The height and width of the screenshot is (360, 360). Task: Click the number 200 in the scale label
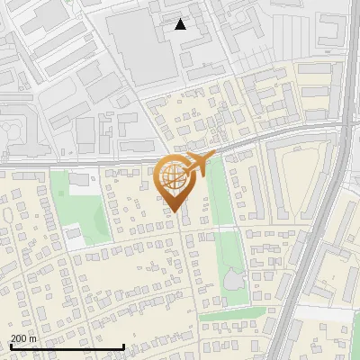click(x=18, y=338)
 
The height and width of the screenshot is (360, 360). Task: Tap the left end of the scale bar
click(x=10, y=347)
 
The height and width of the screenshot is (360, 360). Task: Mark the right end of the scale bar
click(x=123, y=347)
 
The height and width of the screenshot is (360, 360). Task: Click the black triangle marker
click(x=181, y=24)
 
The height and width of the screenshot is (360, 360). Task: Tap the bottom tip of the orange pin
click(x=175, y=212)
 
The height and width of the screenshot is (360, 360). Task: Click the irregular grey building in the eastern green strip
click(x=235, y=282)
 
